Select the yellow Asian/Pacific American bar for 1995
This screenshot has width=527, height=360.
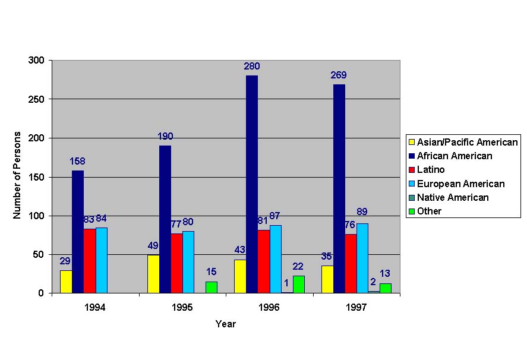pyautogui.click(x=153, y=274)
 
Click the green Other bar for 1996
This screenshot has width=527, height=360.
pyautogui.click(x=299, y=285)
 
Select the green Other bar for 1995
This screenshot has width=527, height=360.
pyautogui.click(x=212, y=287)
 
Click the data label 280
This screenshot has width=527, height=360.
pyautogui.click(x=252, y=67)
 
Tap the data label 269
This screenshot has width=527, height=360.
pyautogui.click(x=339, y=75)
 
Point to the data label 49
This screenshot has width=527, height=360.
pyautogui.click(x=153, y=245)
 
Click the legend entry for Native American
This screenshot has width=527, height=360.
pyautogui.click(x=453, y=197)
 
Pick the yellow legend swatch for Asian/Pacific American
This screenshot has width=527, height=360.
pyautogui.click(x=411, y=142)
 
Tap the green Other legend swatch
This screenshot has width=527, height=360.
pyautogui.click(x=411, y=211)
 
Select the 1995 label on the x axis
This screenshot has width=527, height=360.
pyautogui.click(x=182, y=308)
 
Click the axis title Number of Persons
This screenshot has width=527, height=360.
pyautogui.click(x=17, y=175)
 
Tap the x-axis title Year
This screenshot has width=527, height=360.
pyautogui.click(x=225, y=324)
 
